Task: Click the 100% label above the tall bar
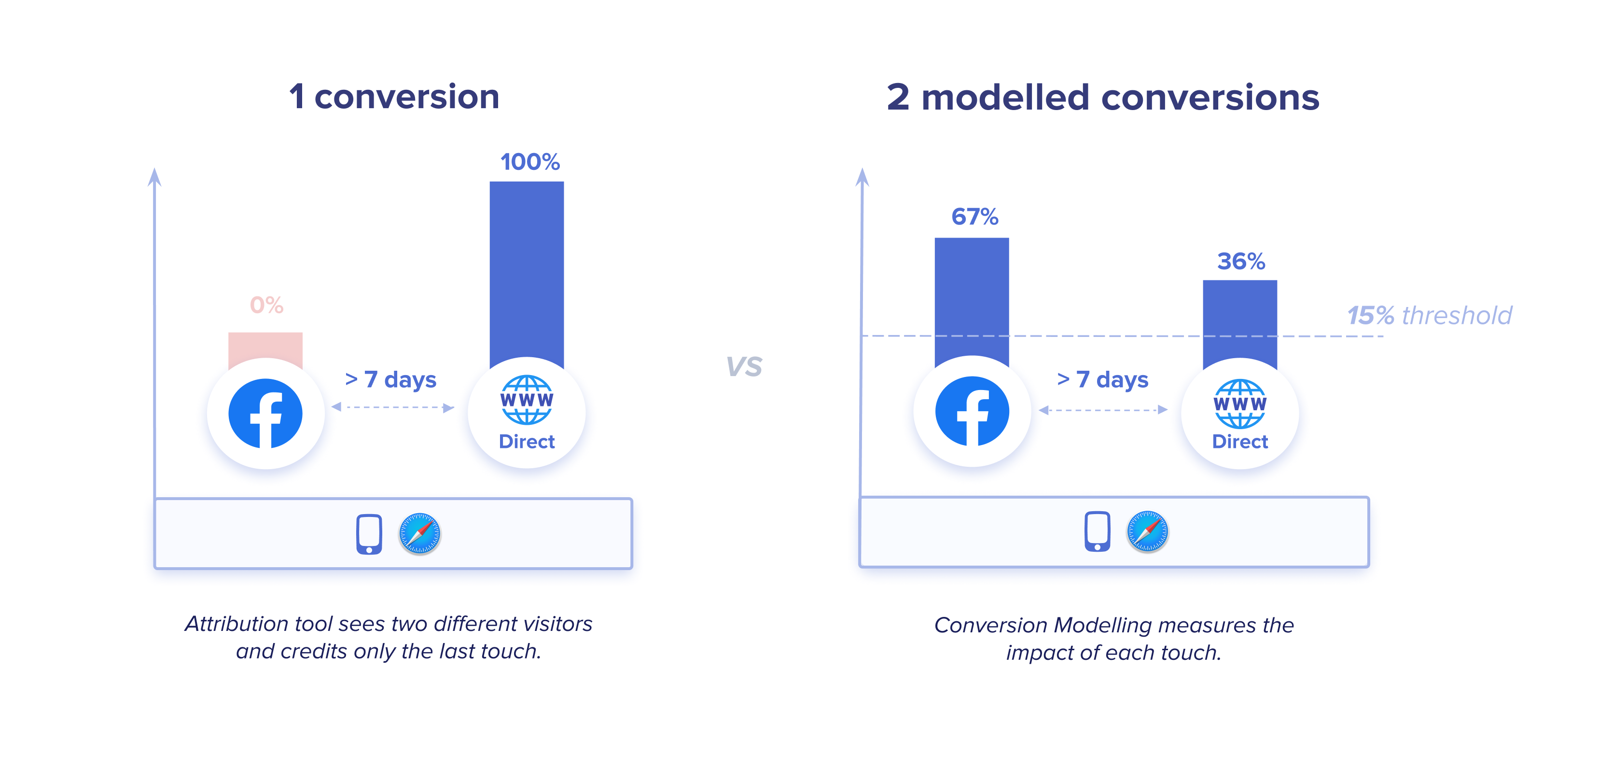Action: pyautogui.click(x=530, y=162)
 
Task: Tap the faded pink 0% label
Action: pyautogui.click(x=267, y=305)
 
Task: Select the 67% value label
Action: pyautogui.click(x=975, y=217)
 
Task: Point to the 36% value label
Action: pyautogui.click(x=1241, y=261)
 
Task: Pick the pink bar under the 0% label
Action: pyautogui.click(x=265, y=348)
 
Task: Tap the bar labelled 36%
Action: pyautogui.click(x=1240, y=322)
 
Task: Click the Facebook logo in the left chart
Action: pyautogui.click(x=265, y=414)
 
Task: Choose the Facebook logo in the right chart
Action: pyautogui.click(x=973, y=411)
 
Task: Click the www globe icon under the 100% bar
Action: pyautogui.click(x=527, y=400)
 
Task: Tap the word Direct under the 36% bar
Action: pyautogui.click(x=1240, y=441)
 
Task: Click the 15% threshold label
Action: pyautogui.click(x=1430, y=316)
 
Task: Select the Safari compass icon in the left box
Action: pyautogui.click(x=419, y=533)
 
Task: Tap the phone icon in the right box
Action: pyautogui.click(x=1097, y=531)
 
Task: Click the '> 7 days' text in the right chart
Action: pyautogui.click(x=1103, y=379)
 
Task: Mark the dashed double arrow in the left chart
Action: pyautogui.click(x=392, y=407)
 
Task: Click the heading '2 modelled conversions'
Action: pyautogui.click(x=1103, y=97)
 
